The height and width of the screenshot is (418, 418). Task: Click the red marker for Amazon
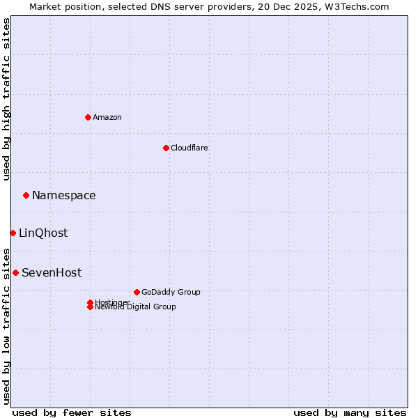(88, 117)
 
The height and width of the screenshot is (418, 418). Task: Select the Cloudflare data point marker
(166, 148)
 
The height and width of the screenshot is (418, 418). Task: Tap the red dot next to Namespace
(26, 196)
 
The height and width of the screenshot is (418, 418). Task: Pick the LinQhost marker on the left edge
(13, 233)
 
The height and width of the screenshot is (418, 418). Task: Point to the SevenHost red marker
(15, 272)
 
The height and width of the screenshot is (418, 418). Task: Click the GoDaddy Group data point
(137, 292)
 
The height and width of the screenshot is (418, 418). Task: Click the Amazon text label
(107, 117)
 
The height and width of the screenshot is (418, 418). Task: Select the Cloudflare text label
(189, 148)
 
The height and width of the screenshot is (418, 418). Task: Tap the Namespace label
(64, 196)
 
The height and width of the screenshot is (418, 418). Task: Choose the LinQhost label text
(43, 233)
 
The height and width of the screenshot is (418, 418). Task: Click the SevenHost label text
(52, 273)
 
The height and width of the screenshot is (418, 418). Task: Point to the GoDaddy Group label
(171, 292)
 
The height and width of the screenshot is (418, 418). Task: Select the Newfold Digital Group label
(136, 307)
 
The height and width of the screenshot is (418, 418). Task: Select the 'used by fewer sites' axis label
(72, 412)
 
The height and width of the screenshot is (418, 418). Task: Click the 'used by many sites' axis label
(350, 412)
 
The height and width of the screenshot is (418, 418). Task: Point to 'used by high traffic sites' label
(6, 99)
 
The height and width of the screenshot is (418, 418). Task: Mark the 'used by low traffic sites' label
(6, 325)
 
